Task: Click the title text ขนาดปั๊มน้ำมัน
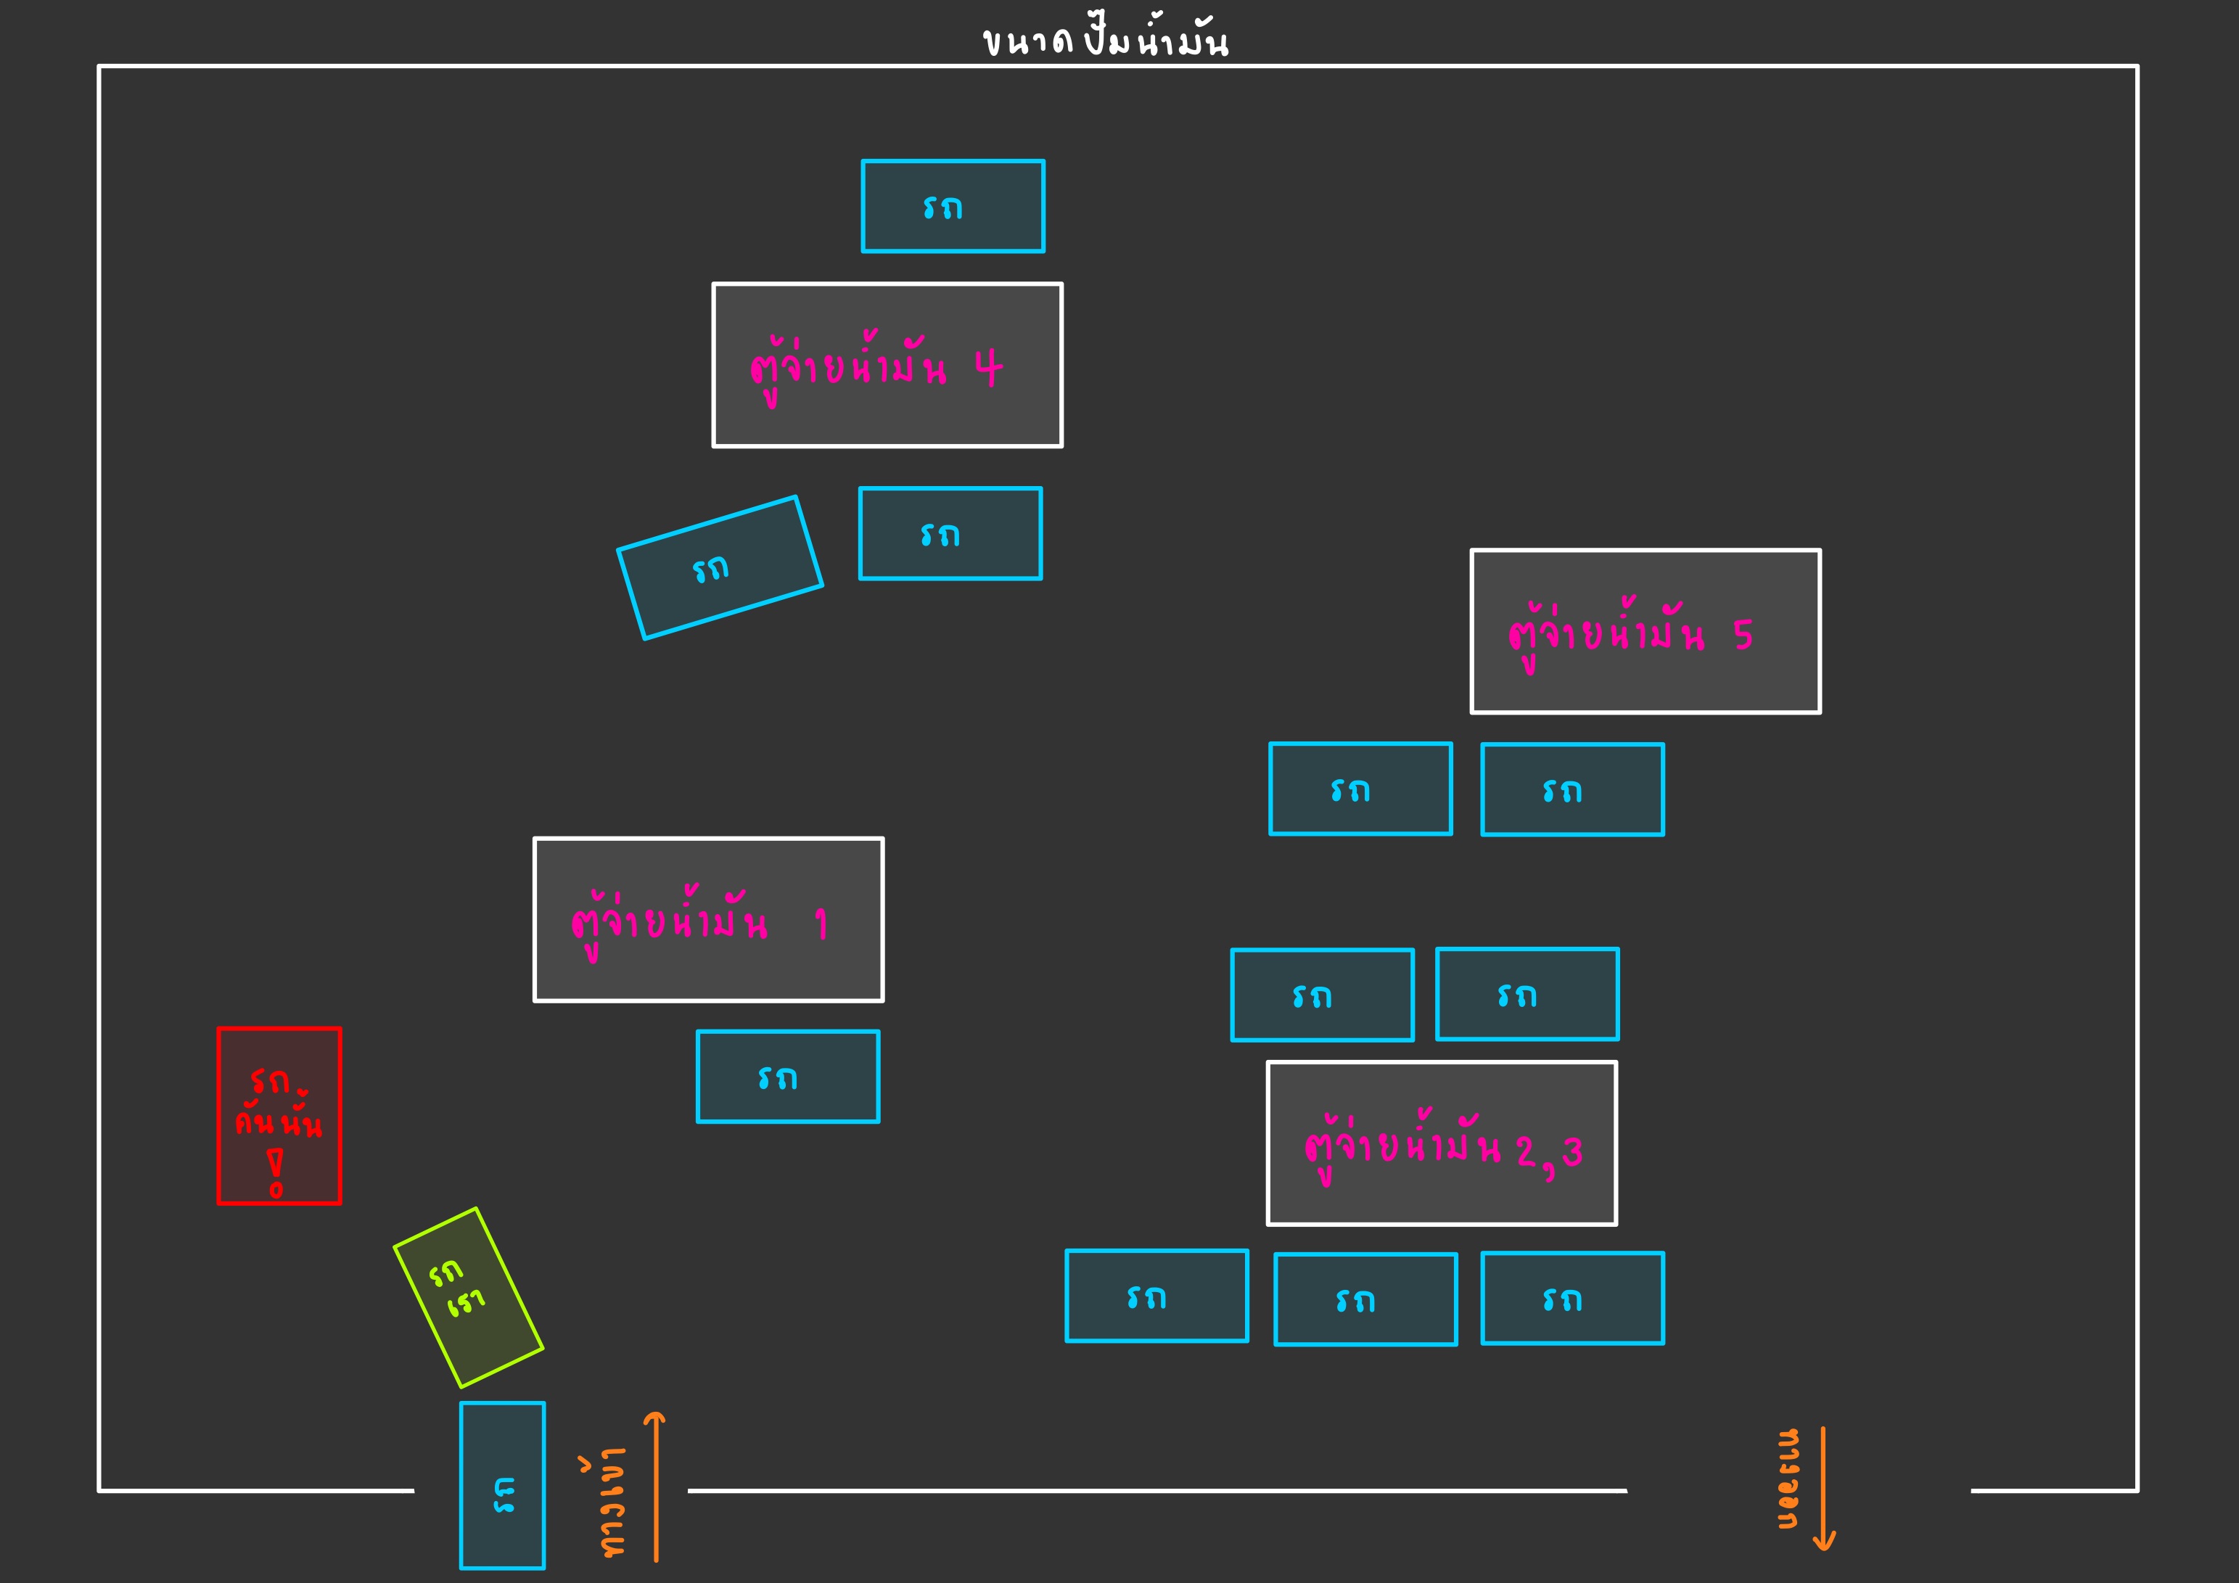(1105, 41)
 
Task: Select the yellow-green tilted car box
(468, 1297)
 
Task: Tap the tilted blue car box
(720, 567)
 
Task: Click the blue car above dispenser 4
(953, 206)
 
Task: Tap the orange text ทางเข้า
(612, 1502)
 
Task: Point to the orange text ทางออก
(1788, 1479)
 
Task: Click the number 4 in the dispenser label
(988, 368)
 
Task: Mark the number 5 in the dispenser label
(1743, 635)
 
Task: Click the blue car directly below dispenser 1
(788, 1077)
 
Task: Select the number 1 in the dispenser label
(821, 923)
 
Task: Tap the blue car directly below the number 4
(950, 533)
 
